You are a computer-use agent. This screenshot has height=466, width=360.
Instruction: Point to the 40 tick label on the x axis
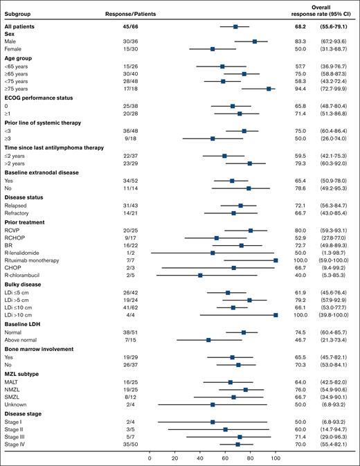coord(200,458)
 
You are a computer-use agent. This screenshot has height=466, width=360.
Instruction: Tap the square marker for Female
coord(213,48)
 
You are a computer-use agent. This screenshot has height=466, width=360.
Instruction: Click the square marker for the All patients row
coord(235,26)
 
